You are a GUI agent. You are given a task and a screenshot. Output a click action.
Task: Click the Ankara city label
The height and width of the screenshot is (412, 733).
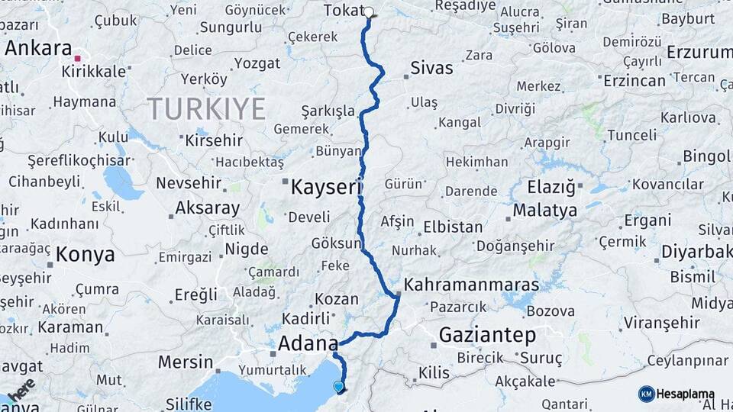[x=38, y=48]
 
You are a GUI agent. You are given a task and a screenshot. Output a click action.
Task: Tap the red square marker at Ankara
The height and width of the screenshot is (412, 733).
[x=77, y=58]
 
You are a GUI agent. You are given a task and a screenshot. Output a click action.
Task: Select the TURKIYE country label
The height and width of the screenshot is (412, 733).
[x=206, y=109]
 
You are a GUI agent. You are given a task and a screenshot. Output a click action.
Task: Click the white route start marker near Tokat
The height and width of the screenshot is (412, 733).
[x=370, y=11]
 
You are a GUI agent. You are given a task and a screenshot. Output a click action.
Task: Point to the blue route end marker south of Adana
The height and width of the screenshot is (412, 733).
[x=338, y=387]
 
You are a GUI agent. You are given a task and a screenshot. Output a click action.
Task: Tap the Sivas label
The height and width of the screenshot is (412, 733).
[x=431, y=68]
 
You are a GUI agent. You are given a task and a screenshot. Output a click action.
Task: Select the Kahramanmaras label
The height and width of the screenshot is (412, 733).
[x=471, y=285]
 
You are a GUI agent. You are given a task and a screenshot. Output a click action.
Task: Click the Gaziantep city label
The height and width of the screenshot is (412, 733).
[x=487, y=335]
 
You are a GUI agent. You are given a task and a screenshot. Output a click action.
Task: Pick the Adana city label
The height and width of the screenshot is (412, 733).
[x=308, y=343]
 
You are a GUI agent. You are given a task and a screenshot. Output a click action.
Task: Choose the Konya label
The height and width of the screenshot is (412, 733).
[x=86, y=255]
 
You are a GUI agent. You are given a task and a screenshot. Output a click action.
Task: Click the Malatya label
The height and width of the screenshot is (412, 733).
[x=544, y=210]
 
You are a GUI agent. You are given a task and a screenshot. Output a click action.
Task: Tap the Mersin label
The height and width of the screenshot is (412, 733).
[x=186, y=362]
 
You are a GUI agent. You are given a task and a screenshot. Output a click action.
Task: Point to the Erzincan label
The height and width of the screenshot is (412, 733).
[x=633, y=80]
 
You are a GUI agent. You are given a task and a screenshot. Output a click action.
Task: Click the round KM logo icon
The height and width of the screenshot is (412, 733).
[x=646, y=394]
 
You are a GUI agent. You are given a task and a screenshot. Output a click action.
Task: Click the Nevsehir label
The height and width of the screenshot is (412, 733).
[x=189, y=184]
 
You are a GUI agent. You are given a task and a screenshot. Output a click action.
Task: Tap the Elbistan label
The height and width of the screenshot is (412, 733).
[x=454, y=227]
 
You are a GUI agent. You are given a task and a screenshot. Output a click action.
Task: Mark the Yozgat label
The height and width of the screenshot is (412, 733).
[x=257, y=63]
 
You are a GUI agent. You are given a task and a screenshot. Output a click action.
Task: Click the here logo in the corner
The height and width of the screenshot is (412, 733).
[x=21, y=388]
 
